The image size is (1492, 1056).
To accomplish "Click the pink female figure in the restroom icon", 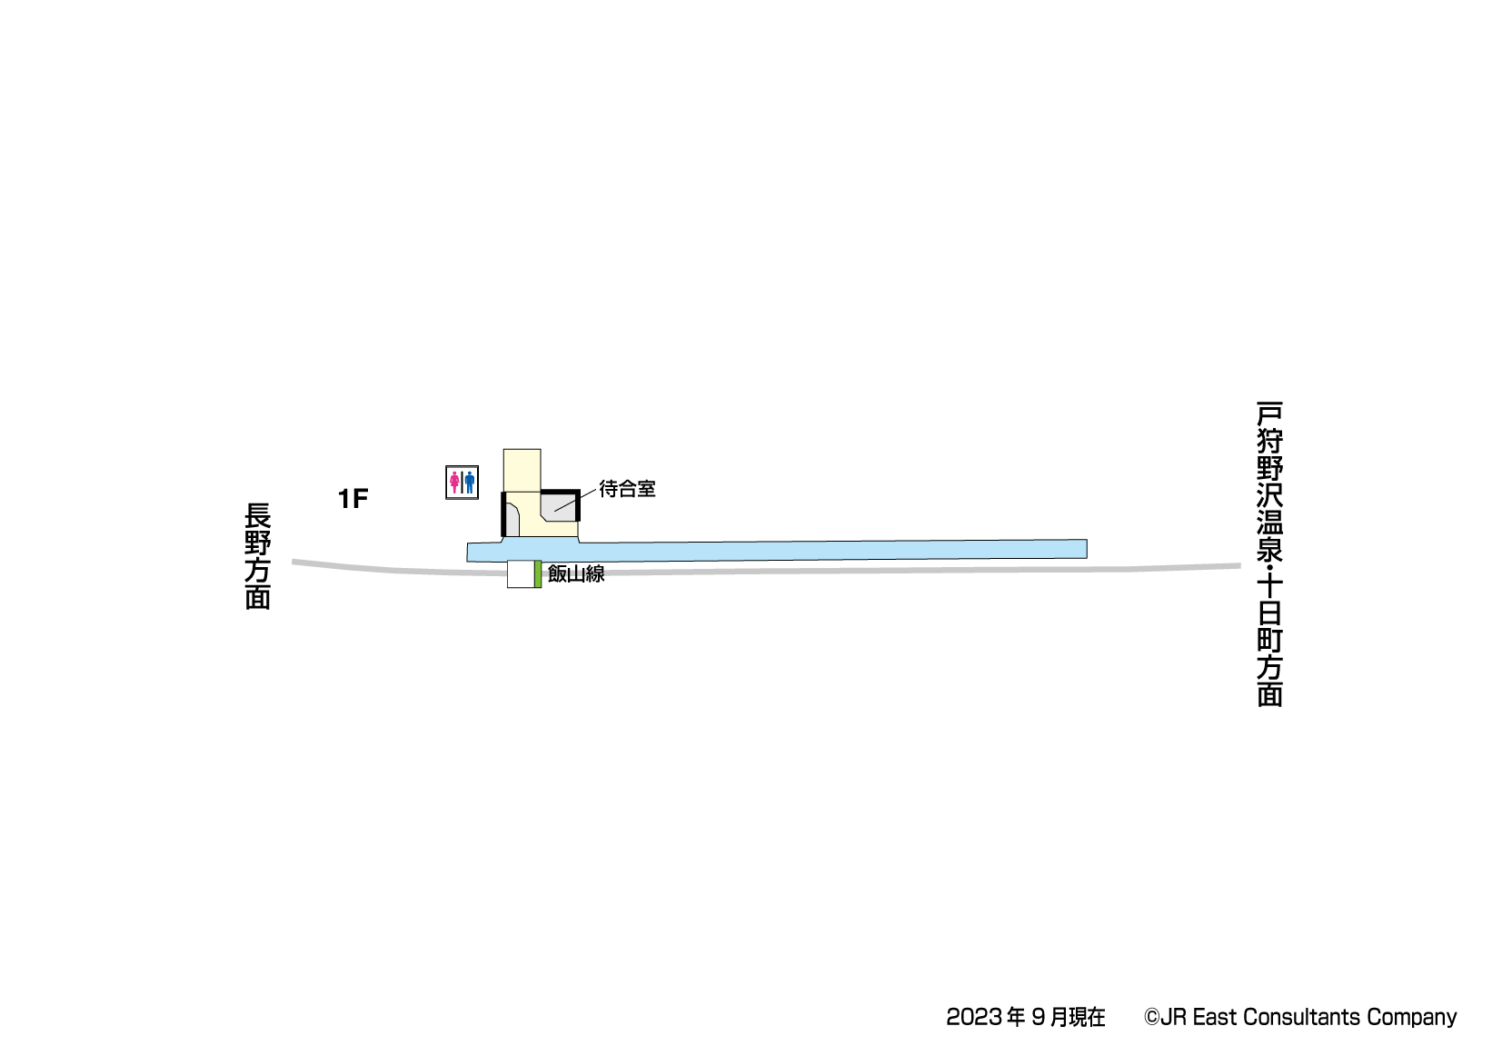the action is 454,483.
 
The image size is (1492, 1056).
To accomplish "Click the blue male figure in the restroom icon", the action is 470,483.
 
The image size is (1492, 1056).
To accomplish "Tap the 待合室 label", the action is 628,489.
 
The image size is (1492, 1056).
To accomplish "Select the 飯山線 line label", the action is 576,573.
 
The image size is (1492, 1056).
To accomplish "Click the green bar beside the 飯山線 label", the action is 538,574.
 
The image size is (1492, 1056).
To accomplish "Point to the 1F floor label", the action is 353,498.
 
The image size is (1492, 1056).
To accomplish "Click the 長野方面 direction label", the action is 258,556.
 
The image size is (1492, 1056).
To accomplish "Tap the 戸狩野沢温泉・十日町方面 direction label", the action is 1269,553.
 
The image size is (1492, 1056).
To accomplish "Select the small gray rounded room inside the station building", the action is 512,520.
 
